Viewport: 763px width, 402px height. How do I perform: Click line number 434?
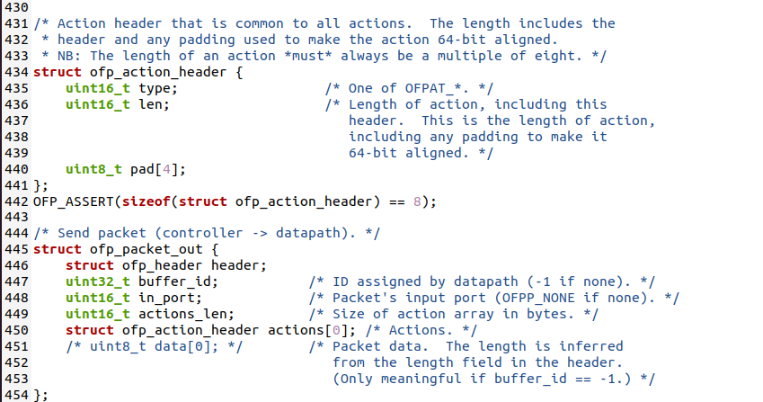coord(15,72)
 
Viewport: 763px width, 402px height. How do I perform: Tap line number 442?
coord(15,201)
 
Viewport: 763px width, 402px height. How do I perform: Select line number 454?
coord(15,395)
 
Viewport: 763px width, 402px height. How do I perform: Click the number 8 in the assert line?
coord(417,201)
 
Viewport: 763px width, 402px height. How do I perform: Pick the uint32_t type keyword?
coord(98,281)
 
